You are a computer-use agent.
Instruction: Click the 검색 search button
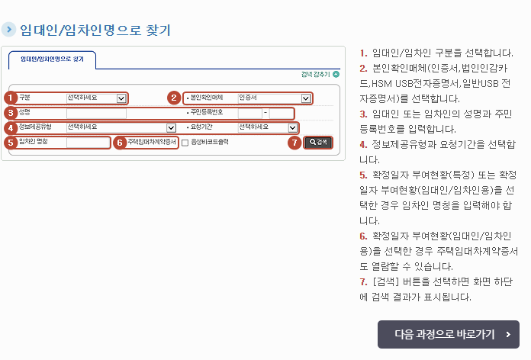coord(318,143)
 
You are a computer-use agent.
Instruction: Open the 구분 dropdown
coord(96,98)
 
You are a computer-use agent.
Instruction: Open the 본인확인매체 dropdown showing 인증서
coord(275,98)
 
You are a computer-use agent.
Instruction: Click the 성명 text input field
coord(95,113)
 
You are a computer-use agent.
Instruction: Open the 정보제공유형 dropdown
coord(121,127)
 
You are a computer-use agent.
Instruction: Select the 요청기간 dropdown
coord(268,127)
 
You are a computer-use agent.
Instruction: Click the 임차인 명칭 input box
coord(88,142)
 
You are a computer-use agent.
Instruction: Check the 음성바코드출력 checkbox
coord(185,143)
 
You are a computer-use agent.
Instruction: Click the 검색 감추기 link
coord(316,75)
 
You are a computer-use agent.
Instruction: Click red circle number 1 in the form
coord(10,98)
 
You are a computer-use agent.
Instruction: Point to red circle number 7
coord(294,143)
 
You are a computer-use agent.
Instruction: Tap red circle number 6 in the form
coord(119,143)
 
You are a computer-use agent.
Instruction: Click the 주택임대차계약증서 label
coord(151,143)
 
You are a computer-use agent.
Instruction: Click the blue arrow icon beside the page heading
coord(8,30)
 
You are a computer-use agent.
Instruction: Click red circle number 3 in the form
coord(10,113)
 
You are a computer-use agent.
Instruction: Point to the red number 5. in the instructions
coord(362,175)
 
